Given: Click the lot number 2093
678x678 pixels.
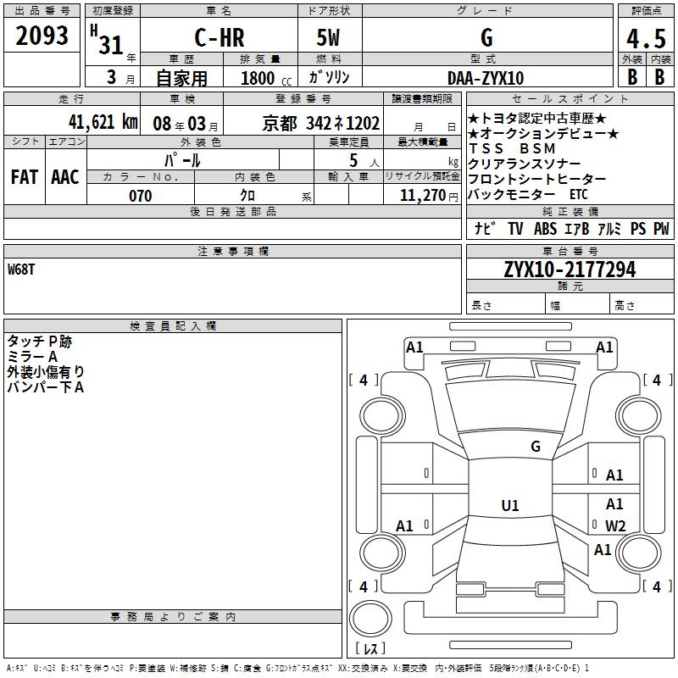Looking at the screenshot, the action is pyautogui.click(x=42, y=36).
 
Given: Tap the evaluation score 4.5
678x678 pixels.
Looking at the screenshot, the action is pyautogui.click(x=646, y=39).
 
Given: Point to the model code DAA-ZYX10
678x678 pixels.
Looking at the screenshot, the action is pyautogui.click(x=486, y=78).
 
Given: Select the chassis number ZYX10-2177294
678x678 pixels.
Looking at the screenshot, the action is pyautogui.click(x=570, y=270).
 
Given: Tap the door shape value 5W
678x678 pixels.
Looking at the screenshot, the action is pyautogui.click(x=330, y=38).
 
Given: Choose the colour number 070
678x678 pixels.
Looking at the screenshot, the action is pyautogui.click(x=140, y=196).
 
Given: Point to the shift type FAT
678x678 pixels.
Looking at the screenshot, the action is pyautogui.click(x=24, y=176).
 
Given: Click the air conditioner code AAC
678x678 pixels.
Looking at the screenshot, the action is pyautogui.click(x=64, y=176).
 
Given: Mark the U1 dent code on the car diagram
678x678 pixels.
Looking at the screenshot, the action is pyautogui.click(x=509, y=506).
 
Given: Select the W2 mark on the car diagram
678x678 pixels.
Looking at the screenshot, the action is pyautogui.click(x=615, y=526).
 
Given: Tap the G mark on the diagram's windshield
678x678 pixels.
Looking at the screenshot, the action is pyautogui.click(x=535, y=446).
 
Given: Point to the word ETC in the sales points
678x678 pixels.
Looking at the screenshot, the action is pyautogui.click(x=578, y=194).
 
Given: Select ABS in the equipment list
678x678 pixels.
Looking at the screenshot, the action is pyautogui.click(x=545, y=229).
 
